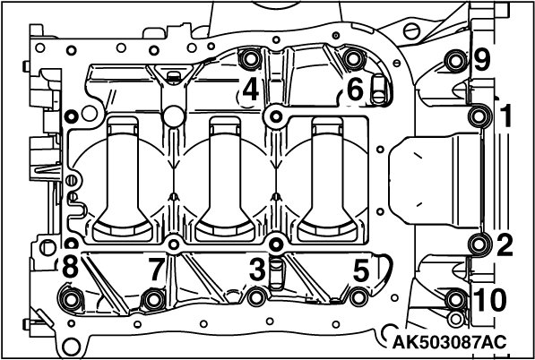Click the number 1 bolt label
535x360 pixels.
tap(505, 116)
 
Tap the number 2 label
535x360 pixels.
tap(505, 244)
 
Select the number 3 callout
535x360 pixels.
tap(257, 270)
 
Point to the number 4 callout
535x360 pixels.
tap(251, 90)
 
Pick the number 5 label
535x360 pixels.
tap(361, 270)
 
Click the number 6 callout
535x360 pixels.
tap(355, 90)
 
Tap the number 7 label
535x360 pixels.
tap(157, 270)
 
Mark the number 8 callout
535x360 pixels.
tap(70, 267)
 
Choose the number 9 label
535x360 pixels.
tap(482, 61)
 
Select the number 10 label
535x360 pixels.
tap(490, 300)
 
